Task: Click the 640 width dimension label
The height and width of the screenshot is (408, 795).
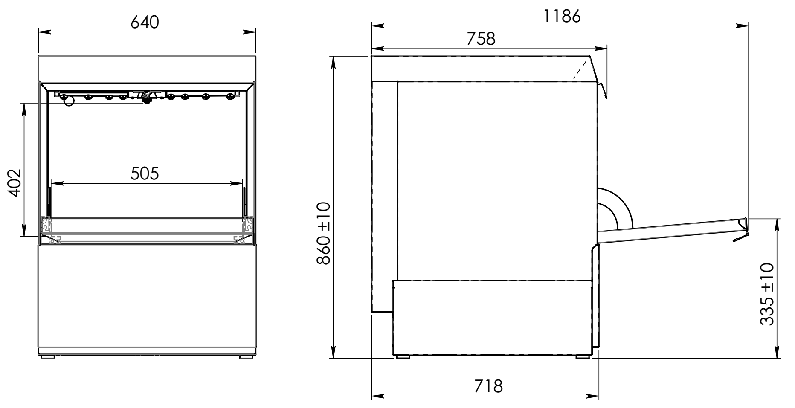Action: (145, 23)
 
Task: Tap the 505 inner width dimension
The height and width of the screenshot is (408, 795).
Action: (145, 174)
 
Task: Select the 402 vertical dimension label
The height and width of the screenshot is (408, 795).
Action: (15, 183)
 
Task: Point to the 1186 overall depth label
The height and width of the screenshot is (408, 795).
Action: (562, 17)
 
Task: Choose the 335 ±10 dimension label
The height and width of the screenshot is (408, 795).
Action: (767, 294)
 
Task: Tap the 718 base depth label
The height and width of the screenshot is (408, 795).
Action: (489, 386)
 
